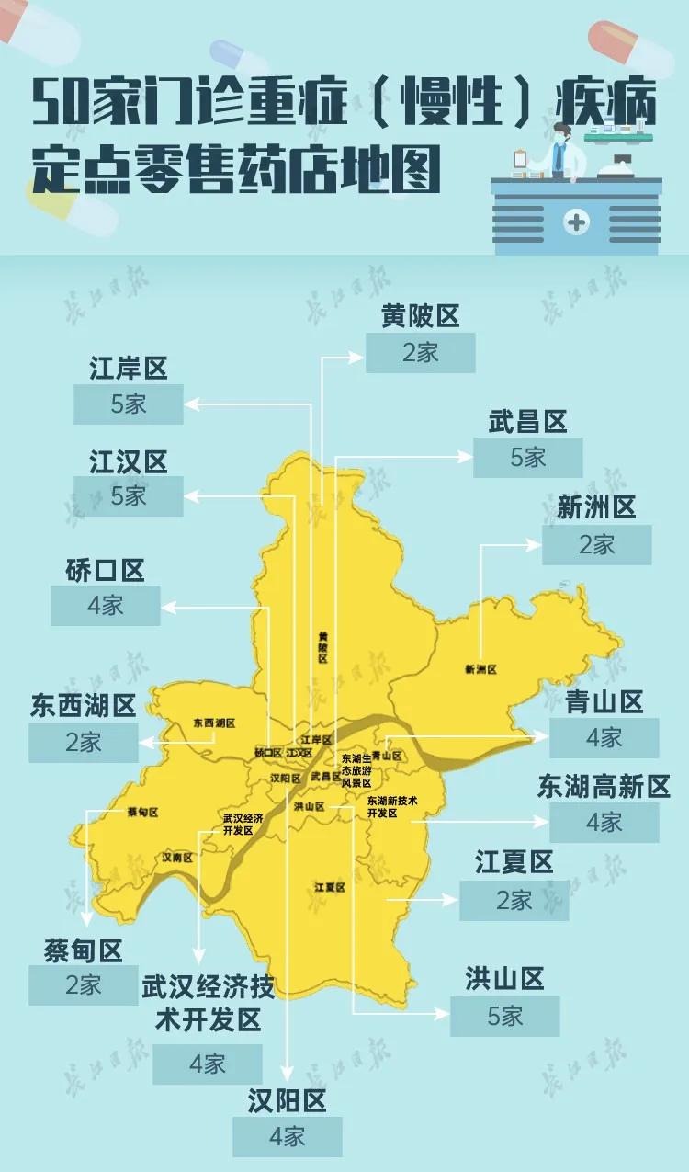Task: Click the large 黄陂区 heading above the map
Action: (x=420, y=317)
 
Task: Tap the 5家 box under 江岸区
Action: (x=129, y=404)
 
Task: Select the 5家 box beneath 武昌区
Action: (x=527, y=457)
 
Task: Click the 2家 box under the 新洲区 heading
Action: (x=596, y=544)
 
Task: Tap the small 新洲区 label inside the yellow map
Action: (x=480, y=670)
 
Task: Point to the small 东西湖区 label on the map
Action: (x=214, y=723)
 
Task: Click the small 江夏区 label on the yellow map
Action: (x=329, y=887)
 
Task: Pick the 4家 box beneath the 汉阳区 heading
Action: (x=287, y=1136)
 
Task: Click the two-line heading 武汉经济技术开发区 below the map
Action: (x=208, y=1003)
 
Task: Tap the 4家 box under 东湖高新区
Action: (x=604, y=822)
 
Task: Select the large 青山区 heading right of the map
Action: (x=604, y=702)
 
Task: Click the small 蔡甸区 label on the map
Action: (x=142, y=813)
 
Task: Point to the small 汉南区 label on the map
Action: (x=176, y=857)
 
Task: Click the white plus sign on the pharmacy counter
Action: (x=576, y=222)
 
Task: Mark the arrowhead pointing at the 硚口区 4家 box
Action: (x=166, y=606)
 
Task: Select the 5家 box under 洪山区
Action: (x=504, y=1016)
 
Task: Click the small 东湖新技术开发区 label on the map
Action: (x=392, y=806)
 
